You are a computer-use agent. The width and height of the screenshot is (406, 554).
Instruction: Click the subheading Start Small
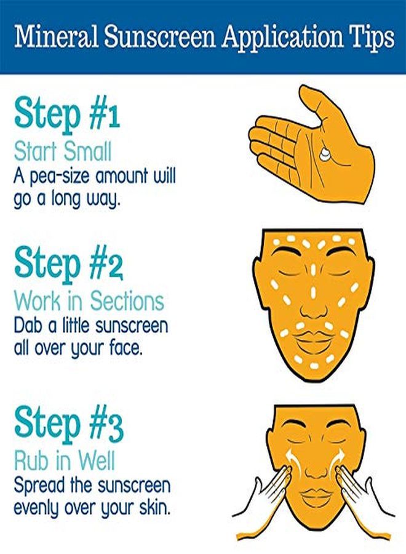coord(62,151)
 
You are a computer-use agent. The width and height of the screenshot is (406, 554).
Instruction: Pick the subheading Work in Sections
coord(89,301)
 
